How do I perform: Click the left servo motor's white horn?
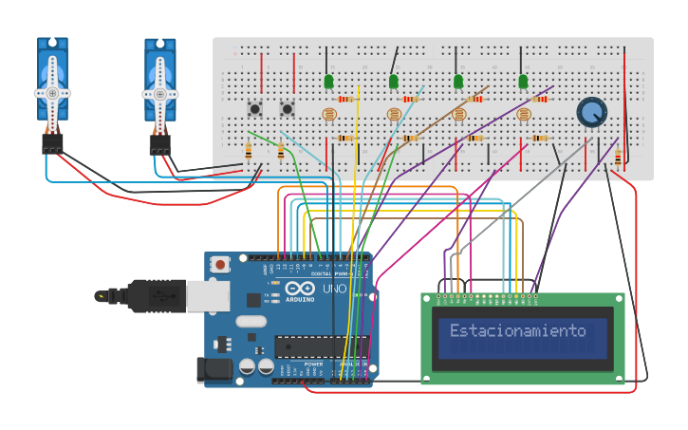tap(53, 92)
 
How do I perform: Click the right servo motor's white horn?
tap(160, 93)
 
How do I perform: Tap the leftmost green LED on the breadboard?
tap(328, 82)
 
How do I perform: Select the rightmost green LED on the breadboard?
tap(523, 82)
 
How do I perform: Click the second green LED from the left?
tap(393, 82)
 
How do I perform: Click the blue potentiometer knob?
tap(591, 113)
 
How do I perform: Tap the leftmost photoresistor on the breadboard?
tap(329, 115)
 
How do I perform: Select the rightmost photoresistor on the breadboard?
tap(524, 115)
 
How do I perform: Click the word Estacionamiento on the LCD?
tap(517, 331)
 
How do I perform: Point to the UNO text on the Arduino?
tap(334, 289)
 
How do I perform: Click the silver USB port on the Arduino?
tap(208, 295)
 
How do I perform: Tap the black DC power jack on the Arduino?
tap(214, 369)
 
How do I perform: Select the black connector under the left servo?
tap(52, 143)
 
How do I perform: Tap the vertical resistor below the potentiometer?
tap(618, 158)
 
